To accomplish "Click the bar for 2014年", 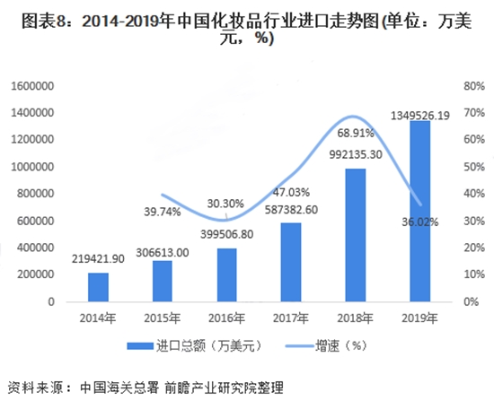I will (x=98, y=287).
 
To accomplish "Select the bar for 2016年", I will (x=226, y=274).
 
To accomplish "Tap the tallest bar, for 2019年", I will (x=419, y=211).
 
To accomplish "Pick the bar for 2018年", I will (x=355, y=235).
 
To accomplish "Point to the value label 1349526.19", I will (x=420, y=116).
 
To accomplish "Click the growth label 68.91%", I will (x=355, y=133).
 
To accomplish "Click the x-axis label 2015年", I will (x=162, y=318).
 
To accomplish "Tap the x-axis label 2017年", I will (x=291, y=318).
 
